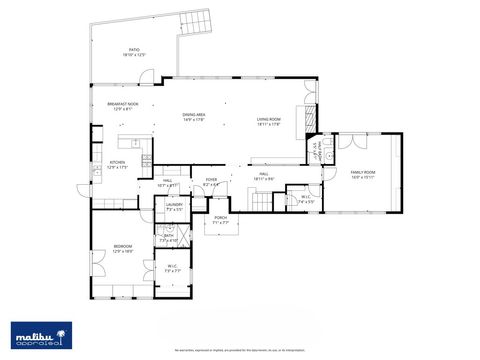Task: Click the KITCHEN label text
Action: point(117,164)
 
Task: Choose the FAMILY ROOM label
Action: point(362,174)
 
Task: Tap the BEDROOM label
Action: point(122,248)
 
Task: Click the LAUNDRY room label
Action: point(174,206)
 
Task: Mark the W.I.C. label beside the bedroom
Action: point(172,267)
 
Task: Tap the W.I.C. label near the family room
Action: point(306,198)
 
